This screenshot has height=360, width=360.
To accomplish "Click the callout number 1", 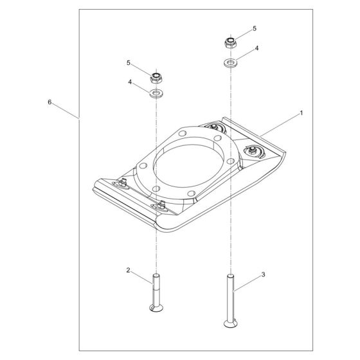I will tap(301, 113).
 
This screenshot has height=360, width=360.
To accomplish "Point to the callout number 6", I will tap(50, 102).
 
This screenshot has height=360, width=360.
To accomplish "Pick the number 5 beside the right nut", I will tap(254, 29).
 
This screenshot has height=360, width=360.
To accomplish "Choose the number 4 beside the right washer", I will tap(256, 48).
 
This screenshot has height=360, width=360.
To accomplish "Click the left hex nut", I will tap(155, 78).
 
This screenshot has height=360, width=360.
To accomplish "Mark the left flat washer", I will tap(155, 94).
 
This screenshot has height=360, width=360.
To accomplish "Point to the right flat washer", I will tap(230, 62).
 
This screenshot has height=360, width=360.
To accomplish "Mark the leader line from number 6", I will tap(64, 110).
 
